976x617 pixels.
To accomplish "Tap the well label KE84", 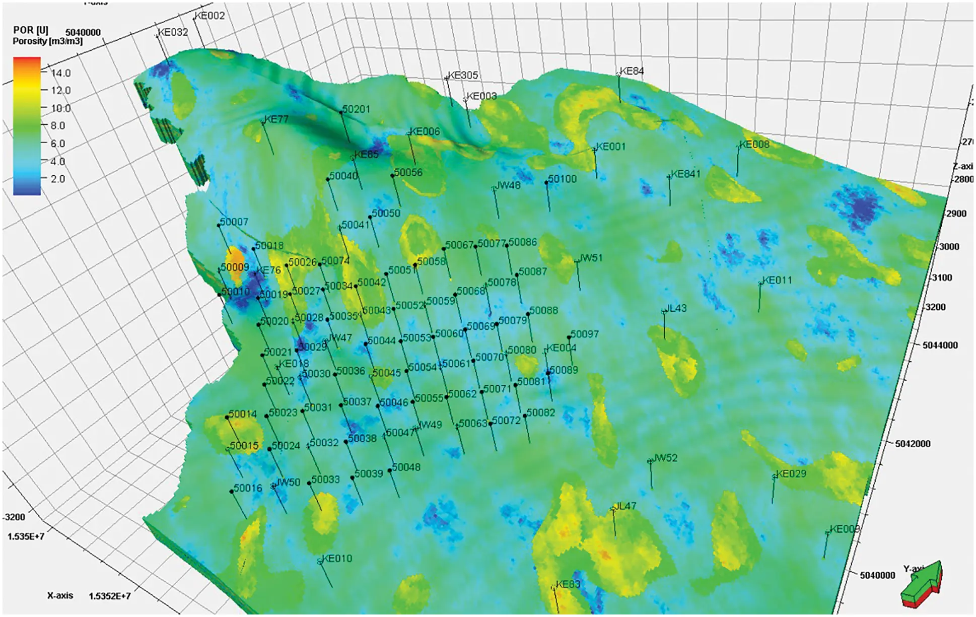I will tap(632, 71).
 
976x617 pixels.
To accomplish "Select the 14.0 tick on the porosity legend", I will tap(61, 73).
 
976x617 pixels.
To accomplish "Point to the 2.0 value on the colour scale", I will tap(57, 179).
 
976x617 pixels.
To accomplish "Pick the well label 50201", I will tap(356, 109).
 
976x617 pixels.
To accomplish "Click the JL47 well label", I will tap(625, 506).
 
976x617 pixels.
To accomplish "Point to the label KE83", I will tap(568, 584).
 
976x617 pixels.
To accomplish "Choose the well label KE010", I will tap(337, 558).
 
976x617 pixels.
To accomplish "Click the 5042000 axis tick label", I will tap(913, 444).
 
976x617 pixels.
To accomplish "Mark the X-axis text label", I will tap(60, 595).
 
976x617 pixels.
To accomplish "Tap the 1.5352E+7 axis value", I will tap(109, 596).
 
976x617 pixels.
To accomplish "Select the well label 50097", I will tap(585, 334).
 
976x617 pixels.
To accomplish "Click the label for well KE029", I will tap(791, 473).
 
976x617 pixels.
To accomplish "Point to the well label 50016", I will tap(248, 488).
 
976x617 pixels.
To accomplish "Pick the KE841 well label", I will tap(685, 174).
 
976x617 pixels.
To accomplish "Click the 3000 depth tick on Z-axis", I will tap(949, 246).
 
